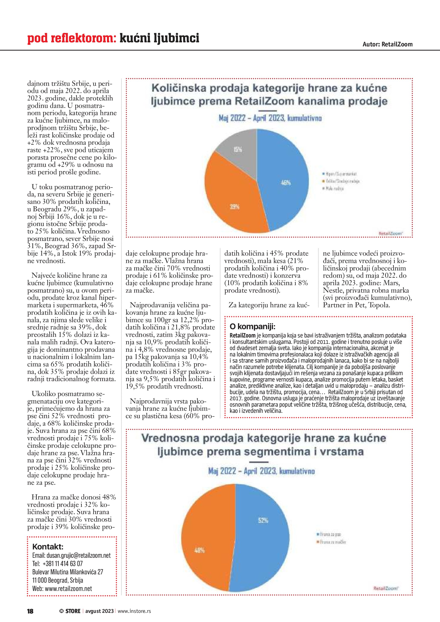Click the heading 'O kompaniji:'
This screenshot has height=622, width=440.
(252, 326)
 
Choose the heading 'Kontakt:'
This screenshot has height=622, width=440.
(48, 546)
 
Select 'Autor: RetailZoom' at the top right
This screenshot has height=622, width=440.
(387, 44)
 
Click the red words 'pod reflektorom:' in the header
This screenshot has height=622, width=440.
(72, 38)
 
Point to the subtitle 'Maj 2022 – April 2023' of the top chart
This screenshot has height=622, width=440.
(270, 118)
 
